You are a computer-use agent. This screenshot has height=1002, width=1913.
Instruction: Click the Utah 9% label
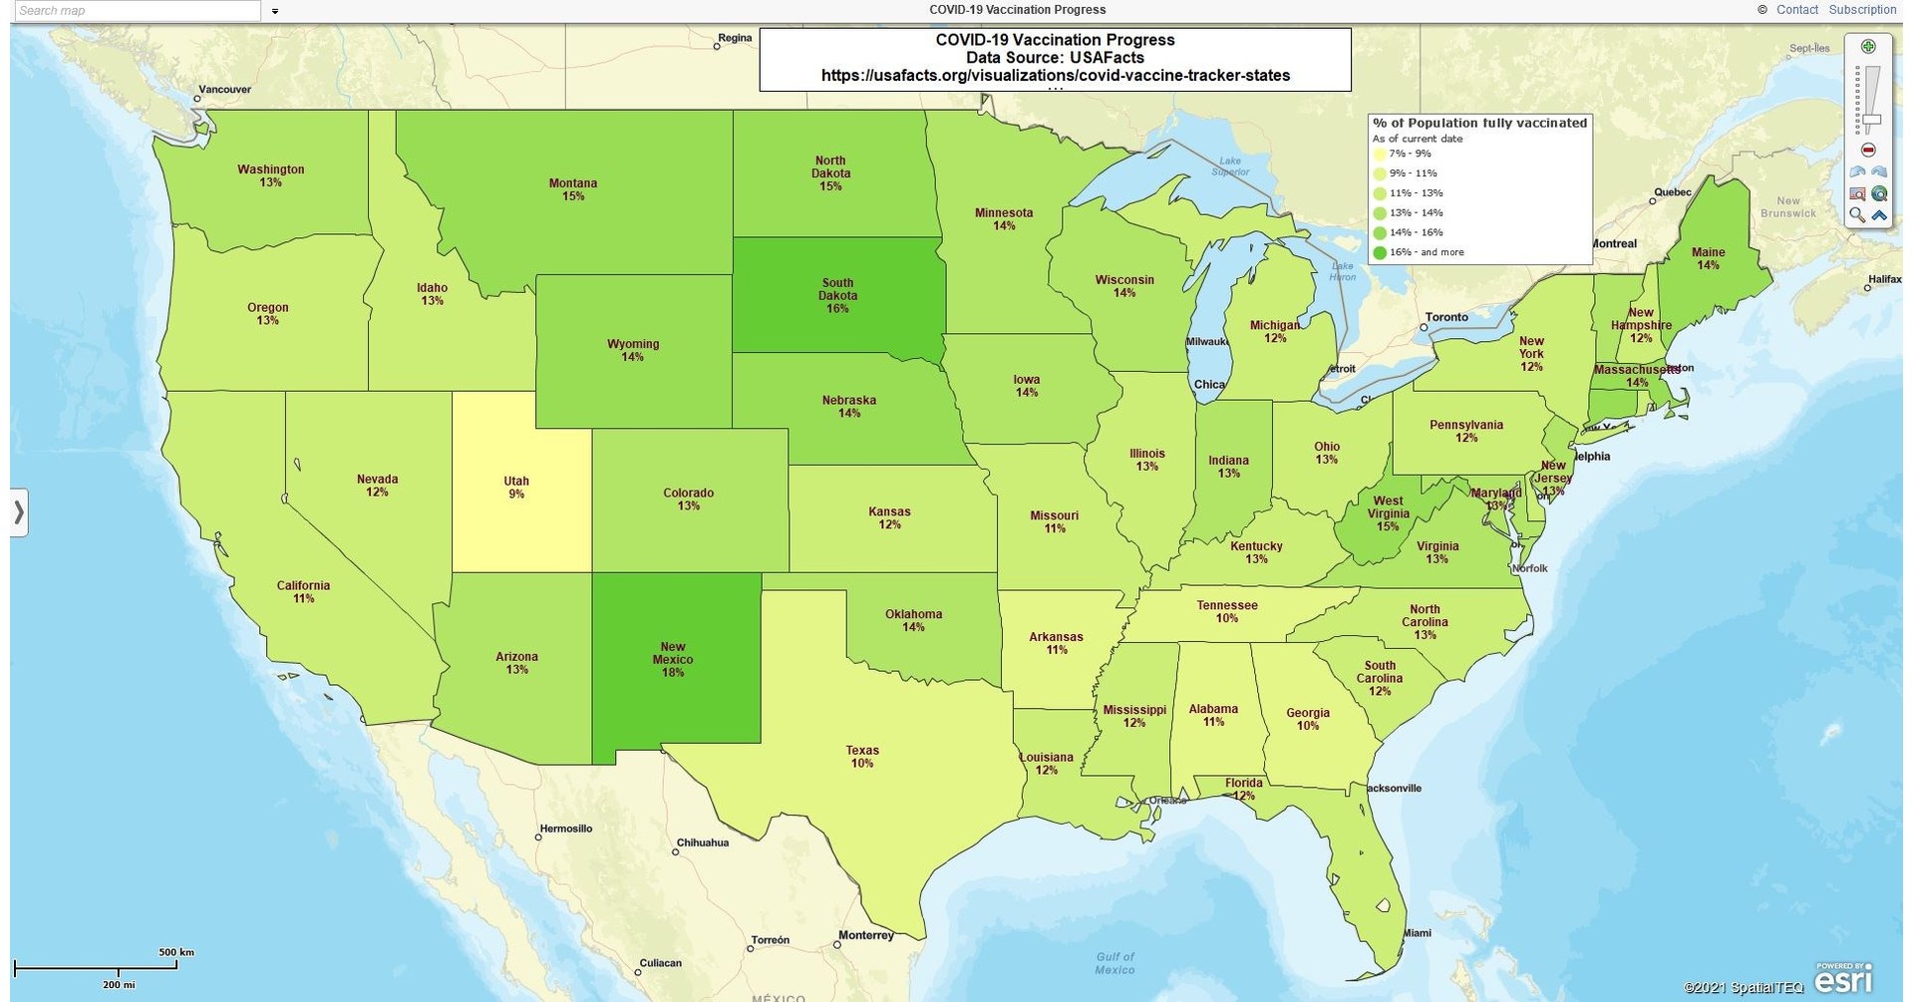(515, 488)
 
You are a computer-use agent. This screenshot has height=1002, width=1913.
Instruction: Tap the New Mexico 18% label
(673, 659)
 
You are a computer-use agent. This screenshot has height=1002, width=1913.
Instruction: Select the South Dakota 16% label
(837, 296)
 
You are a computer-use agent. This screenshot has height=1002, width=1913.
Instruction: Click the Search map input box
(138, 10)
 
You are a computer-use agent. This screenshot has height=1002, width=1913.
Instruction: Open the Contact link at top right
(1797, 9)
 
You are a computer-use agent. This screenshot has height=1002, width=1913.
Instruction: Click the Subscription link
(1862, 9)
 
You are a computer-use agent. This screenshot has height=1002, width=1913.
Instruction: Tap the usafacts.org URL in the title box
(1055, 75)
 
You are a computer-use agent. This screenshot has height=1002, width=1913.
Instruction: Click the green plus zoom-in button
(1868, 47)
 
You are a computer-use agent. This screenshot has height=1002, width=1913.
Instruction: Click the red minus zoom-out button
(1868, 150)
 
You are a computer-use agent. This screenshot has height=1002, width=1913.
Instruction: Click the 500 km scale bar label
(176, 952)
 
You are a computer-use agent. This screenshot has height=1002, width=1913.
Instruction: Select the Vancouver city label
(224, 90)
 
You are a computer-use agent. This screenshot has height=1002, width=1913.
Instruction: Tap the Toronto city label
(1445, 317)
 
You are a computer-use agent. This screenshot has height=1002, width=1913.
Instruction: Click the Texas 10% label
(862, 757)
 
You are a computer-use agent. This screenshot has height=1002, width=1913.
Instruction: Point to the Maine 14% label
(1708, 259)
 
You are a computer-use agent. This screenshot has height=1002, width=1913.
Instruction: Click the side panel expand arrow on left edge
(18, 512)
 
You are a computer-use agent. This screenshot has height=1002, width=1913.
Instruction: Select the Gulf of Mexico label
(1115, 963)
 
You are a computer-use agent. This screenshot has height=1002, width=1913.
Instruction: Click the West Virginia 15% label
(1388, 513)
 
